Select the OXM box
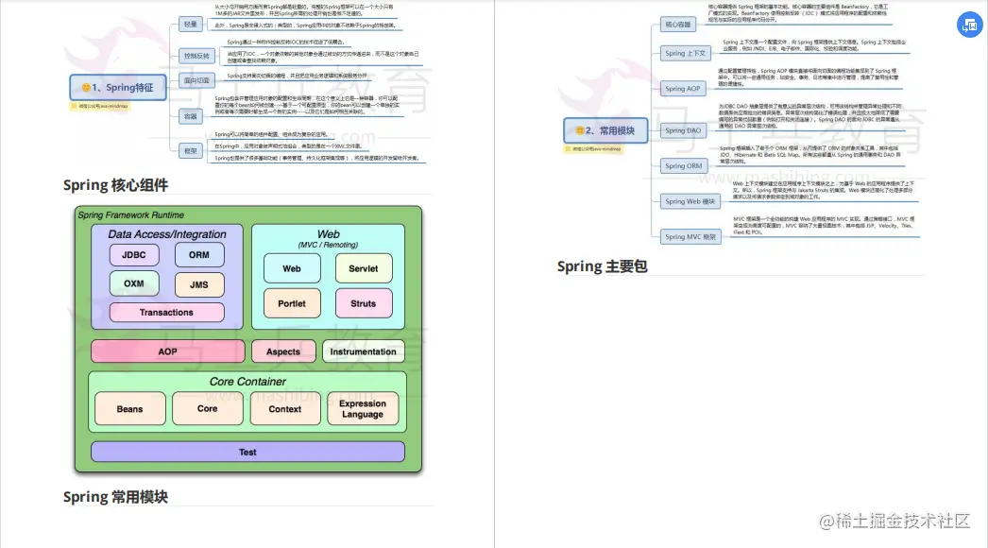tap(134, 283)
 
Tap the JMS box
tap(199, 284)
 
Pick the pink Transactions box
tap(166, 313)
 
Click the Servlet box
tap(363, 268)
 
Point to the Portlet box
tap(292, 304)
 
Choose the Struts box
tap(363, 304)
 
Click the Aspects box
tap(283, 351)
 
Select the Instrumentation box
tap(363, 351)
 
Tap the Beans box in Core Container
tap(129, 409)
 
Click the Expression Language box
tap(363, 409)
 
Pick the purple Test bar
tap(247, 453)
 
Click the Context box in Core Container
tap(285, 409)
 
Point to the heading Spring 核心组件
tap(115, 185)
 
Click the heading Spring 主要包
tap(602, 266)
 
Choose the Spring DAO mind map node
tap(683, 130)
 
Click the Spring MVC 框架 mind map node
tap(689, 237)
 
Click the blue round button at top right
tap(969, 26)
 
